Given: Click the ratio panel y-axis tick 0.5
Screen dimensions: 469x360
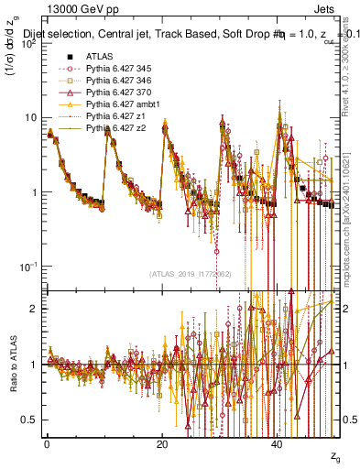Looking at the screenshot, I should click(x=33, y=420).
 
